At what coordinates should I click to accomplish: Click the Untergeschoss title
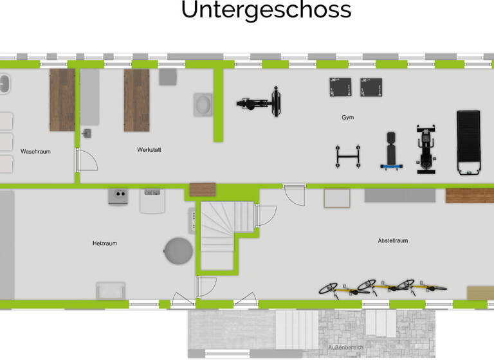tap(266, 11)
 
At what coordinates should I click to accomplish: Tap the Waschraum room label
tap(35, 152)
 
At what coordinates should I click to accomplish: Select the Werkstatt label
tap(149, 150)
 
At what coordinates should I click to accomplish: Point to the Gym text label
tap(347, 118)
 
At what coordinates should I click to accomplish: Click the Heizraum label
tap(105, 243)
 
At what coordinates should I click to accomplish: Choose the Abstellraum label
tap(392, 240)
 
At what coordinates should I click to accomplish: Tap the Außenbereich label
tap(345, 347)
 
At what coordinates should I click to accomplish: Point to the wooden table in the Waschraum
tap(62, 100)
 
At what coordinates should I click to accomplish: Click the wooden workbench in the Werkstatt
tap(136, 100)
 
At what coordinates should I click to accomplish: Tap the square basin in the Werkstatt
tap(204, 104)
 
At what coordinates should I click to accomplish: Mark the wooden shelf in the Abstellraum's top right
tap(469, 195)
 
